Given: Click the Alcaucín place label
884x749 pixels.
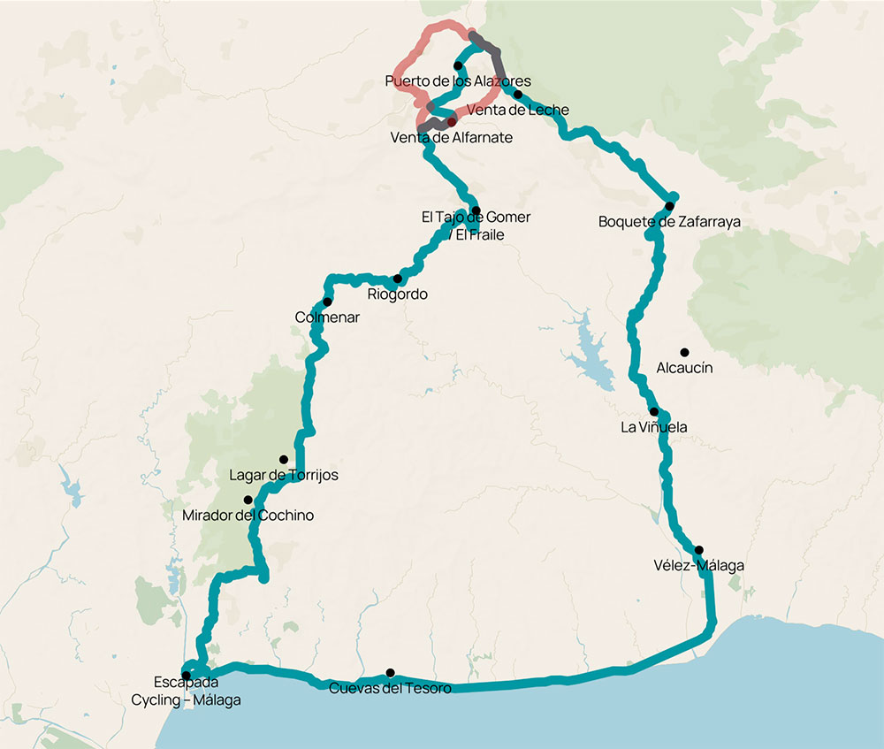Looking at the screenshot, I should pos(684,368).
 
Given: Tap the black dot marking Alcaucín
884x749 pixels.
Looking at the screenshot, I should pos(684,352).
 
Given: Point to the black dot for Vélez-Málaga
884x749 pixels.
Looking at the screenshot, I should pos(698,550).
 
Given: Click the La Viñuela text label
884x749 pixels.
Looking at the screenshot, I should pos(654,428).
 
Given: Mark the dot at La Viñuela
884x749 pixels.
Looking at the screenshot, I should pos(654,412).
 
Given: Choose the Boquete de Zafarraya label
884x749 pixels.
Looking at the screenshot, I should pos(669,222).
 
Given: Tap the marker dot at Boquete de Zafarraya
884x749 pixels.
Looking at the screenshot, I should pos(670,206).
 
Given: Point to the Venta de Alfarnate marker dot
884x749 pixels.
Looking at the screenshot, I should pos(452,122).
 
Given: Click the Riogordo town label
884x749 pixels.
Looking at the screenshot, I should pos(397,294).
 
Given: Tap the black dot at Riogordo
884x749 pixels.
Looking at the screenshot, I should pos(397,279).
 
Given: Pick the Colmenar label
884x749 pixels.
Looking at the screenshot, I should pos(327,317).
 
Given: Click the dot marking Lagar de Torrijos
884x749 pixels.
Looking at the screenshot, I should pos(284,460).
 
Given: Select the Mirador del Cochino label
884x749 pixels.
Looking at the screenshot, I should pos(248,516).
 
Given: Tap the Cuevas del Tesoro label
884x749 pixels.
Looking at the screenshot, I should pos(390,689).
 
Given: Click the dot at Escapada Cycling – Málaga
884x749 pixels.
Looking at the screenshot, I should pos(186,676).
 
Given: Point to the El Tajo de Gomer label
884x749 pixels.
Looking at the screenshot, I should pos(476,218).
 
